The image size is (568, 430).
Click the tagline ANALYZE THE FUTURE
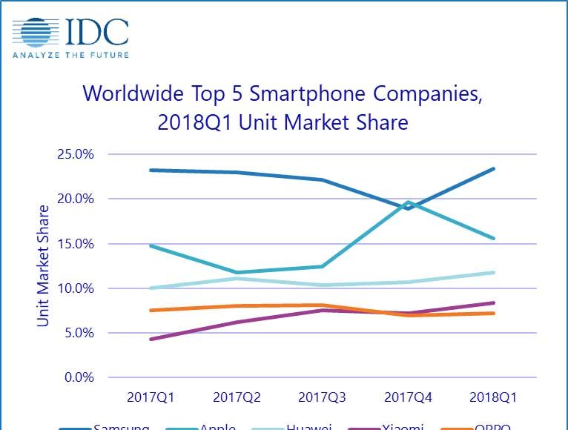(70, 54)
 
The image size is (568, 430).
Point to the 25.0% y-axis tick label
(75, 154)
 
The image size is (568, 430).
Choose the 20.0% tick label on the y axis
(75, 199)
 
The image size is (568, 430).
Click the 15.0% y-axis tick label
(75, 243)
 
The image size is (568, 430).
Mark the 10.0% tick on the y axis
(75, 288)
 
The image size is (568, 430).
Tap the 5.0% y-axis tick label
(78, 333)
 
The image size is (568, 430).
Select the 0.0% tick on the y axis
(78, 377)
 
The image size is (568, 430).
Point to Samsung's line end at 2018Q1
(494, 169)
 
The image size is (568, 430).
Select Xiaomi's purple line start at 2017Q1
(151, 339)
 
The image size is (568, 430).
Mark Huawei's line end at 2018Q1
(494, 273)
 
